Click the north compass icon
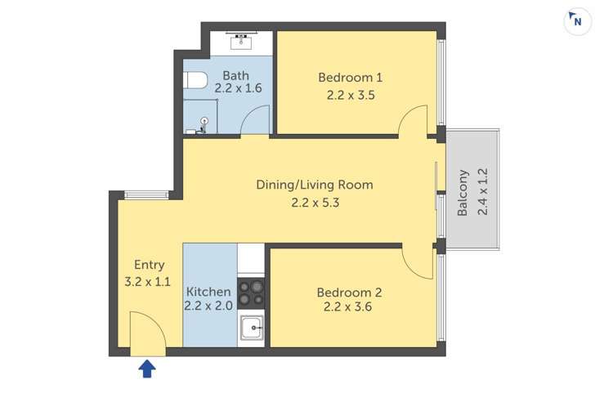577,21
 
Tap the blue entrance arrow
147,369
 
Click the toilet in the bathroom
195,80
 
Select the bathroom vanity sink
241,41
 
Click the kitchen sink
252,328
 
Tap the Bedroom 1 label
351,78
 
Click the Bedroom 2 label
349,293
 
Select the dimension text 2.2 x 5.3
315,203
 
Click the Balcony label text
463,193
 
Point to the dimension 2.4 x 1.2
483,191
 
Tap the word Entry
149,265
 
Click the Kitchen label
208,292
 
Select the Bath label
235,75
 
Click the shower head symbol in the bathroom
204,121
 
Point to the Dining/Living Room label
315,185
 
